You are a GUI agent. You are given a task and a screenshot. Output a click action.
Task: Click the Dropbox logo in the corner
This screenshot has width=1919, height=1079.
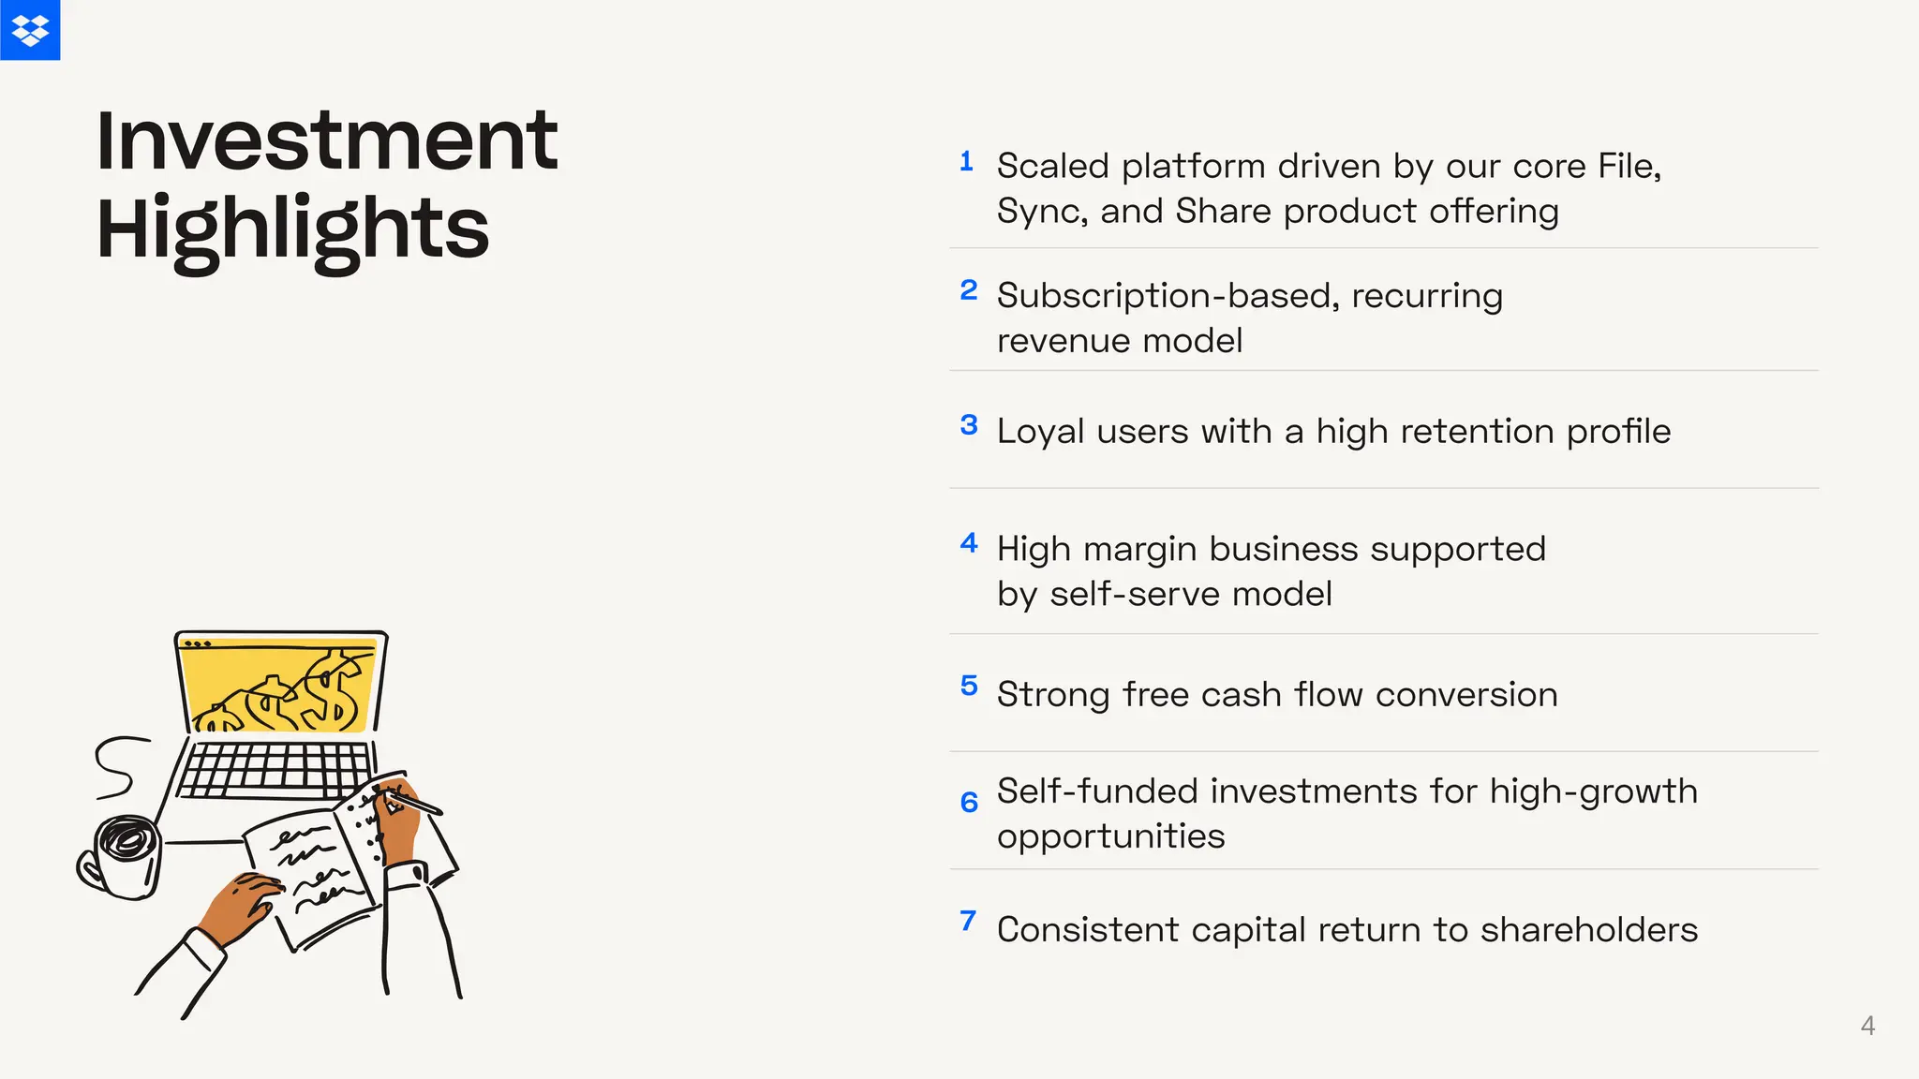[x=30, y=30]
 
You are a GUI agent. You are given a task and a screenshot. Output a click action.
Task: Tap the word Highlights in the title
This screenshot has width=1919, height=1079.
[x=292, y=229]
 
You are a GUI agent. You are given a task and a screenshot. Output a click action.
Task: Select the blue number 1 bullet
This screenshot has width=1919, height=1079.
[x=967, y=161]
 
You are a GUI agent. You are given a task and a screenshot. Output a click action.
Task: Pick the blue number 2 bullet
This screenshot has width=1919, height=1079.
[x=969, y=290]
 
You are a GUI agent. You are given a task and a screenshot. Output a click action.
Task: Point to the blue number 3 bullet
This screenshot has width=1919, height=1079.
[x=969, y=425]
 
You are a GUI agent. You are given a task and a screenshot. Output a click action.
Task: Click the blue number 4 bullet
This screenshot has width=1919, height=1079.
[x=969, y=543]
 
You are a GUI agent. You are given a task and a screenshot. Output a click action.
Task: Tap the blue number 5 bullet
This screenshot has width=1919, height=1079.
[x=969, y=686]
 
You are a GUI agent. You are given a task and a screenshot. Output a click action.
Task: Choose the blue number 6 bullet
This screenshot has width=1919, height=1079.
[x=969, y=802]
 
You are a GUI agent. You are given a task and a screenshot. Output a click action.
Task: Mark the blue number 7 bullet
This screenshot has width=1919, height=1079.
[x=968, y=921]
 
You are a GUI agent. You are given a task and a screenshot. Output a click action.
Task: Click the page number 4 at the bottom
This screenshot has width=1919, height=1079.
[x=1867, y=1026]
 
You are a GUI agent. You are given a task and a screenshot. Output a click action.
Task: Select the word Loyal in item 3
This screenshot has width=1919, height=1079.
[x=1039, y=432]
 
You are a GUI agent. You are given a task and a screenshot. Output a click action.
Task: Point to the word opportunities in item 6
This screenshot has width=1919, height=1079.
[x=1110, y=836]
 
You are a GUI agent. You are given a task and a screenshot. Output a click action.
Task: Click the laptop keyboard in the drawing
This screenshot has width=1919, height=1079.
[x=275, y=769]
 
